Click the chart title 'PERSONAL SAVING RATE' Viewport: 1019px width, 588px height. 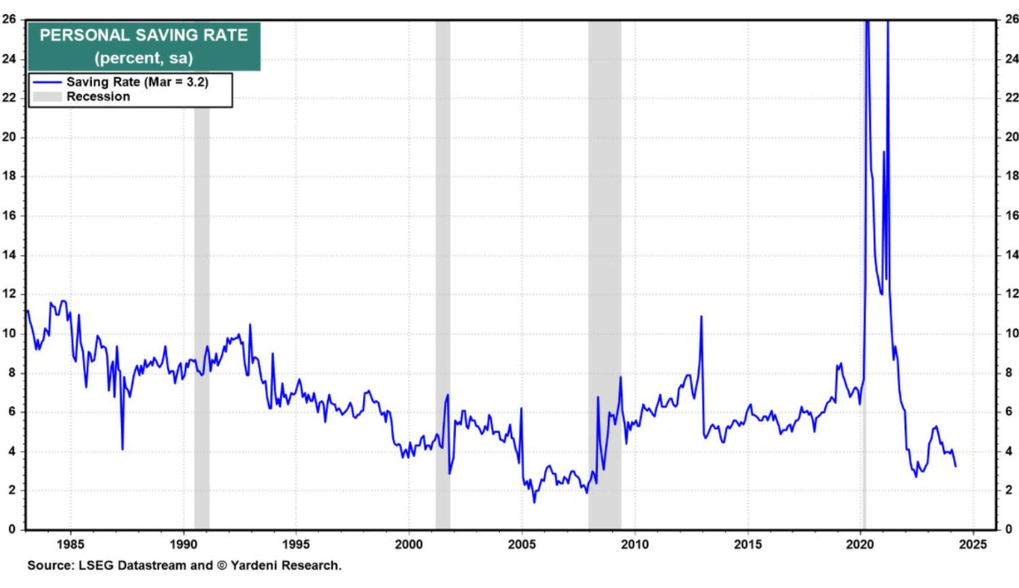pyautogui.click(x=144, y=35)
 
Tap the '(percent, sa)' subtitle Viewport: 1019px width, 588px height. pyautogui.click(x=144, y=58)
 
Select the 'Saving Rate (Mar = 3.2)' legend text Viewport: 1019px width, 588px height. pyautogui.click(x=137, y=82)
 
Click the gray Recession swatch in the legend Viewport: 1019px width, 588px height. pyautogui.click(x=47, y=97)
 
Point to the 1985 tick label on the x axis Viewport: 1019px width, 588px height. pyautogui.click(x=71, y=544)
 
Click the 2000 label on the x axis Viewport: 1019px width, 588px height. pyautogui.click(x=409, y=544)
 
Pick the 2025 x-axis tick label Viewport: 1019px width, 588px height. pyautogui.click(x=973, y=544)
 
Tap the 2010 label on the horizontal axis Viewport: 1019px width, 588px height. pyautogui.click(x=635, y=544)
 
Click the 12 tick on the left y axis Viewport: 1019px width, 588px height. pyautogui.click(x=9, y=294)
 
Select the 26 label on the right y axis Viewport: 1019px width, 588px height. pyautogui.click(x=1012, y=19)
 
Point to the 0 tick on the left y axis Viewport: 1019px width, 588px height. pyautogui.click(x=12, y=529)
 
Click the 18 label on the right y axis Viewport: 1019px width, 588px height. pyautogui.click(x=1012, y=176)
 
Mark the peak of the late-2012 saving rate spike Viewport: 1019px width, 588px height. pyautogui.click(x=701, y=316)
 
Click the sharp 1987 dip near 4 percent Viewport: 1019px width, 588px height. pyautogui.click(x=122, y=448)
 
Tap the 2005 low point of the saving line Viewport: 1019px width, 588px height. pyautogui.click(x=534, y=502)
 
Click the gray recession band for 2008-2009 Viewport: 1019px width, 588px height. pyautogui.click(x=604, y=272)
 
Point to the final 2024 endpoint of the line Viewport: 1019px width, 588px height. pyautogui.click(x=956, y=466)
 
